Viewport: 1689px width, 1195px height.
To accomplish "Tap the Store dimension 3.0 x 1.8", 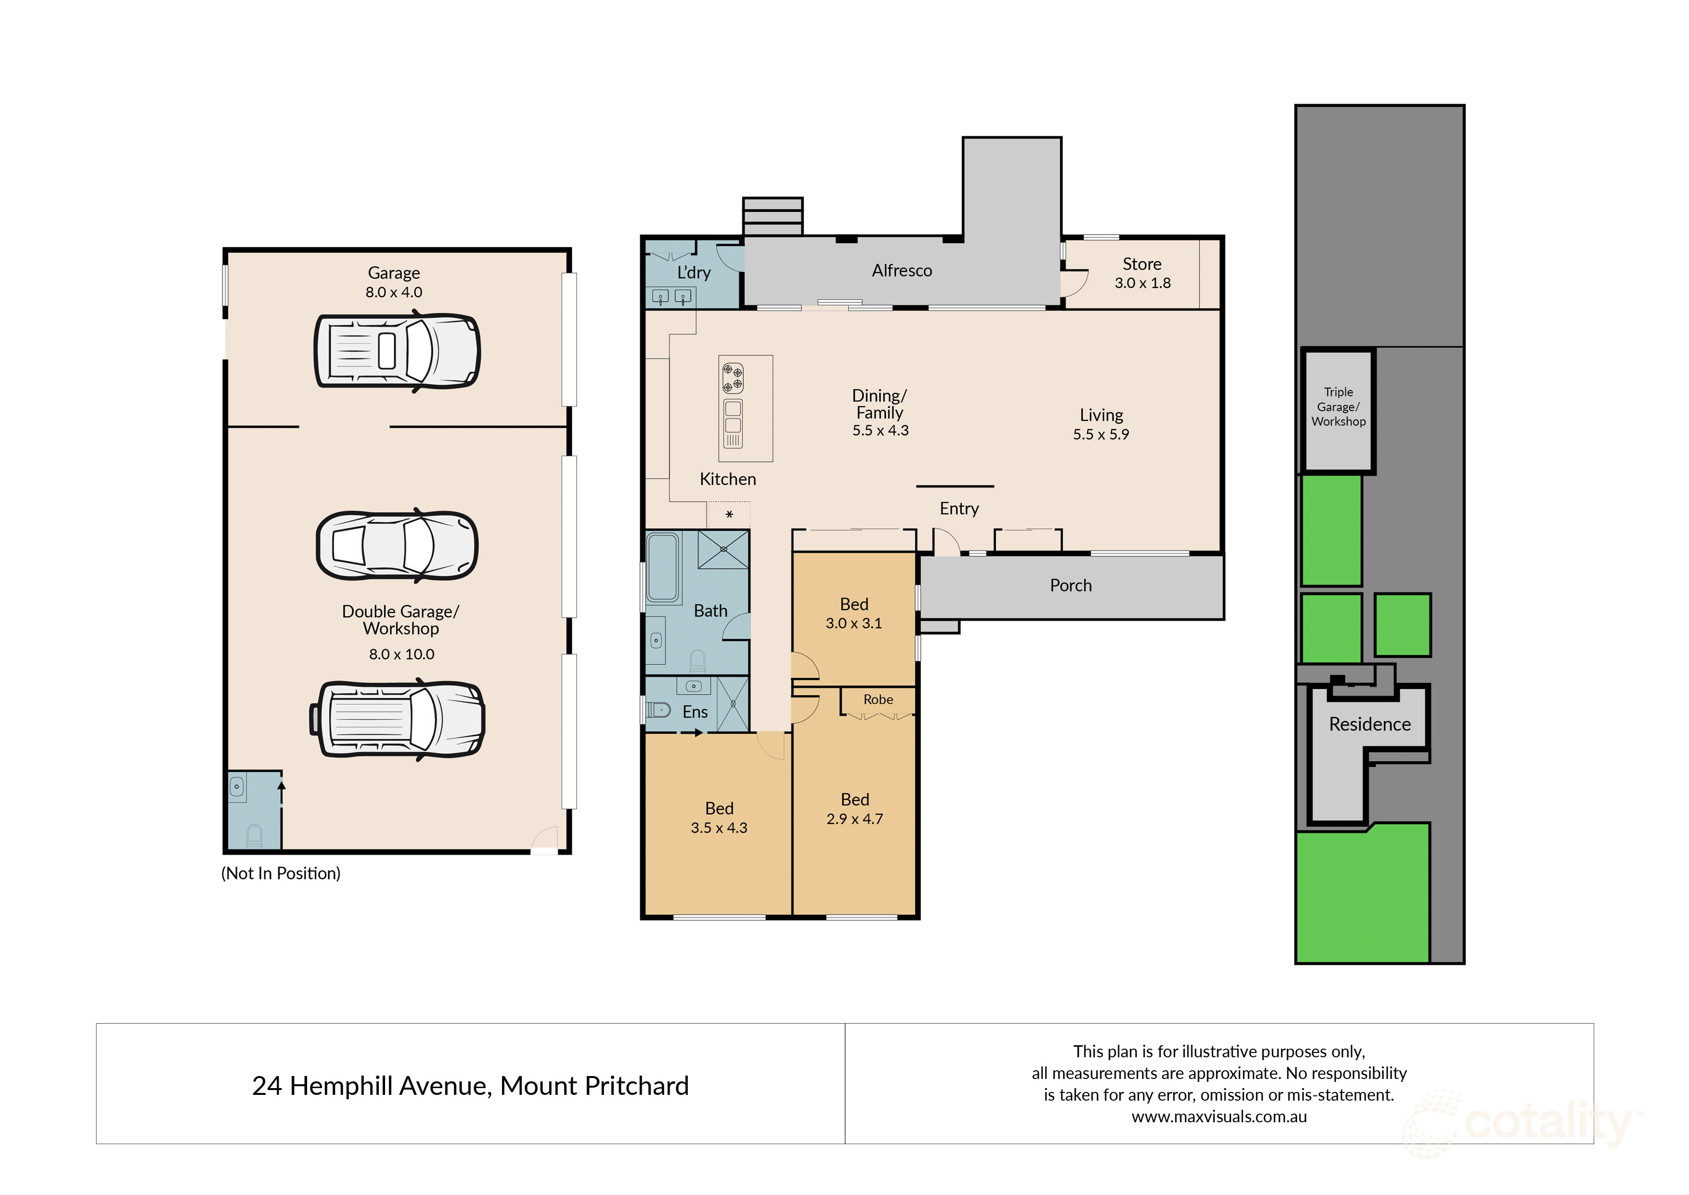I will click(x=1142, y=283).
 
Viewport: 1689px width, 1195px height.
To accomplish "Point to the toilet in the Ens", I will click(x=658, y=710).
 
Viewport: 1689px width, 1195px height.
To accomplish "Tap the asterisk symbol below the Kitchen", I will click(x=729, y=514).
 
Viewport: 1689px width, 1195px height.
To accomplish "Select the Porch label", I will click(x=1070, y=586).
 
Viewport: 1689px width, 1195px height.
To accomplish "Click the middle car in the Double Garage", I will click(x=397, y=546).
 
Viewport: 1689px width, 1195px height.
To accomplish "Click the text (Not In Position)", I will click(x=281, y=873).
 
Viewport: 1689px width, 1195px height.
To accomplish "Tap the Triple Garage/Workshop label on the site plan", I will click(x=1338, y=407).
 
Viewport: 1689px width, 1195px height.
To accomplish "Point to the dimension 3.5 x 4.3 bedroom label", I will click(x=719, y=828).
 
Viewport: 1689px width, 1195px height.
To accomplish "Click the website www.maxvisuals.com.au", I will click(x=1219, y=1117).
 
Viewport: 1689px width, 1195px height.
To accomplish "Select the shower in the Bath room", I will click(x=723, y=549).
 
